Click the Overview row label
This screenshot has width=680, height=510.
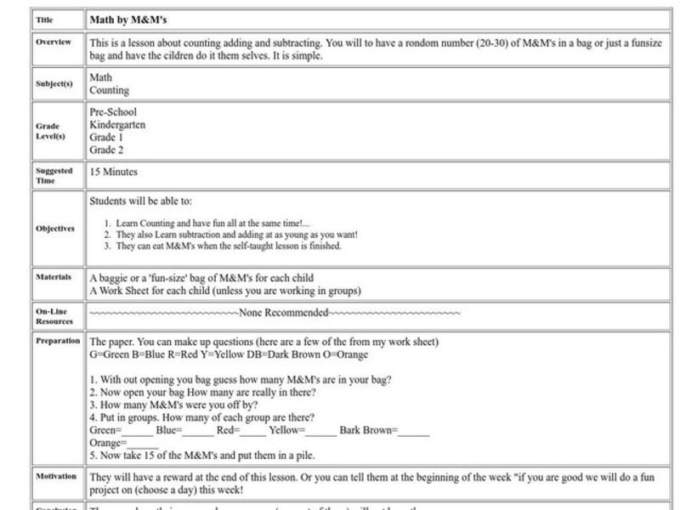[54, 42]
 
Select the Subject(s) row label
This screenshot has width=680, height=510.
[53, 84]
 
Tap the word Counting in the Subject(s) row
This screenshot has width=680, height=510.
[110, 90]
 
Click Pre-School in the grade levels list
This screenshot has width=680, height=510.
[113, 112]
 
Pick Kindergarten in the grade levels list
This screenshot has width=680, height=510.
[117, 124]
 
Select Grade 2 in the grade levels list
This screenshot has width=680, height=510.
[106, 150]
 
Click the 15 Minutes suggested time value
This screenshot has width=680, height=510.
[114, 172]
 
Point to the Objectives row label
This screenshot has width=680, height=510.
[55, 229]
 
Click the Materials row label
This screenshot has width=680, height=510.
[54, 277]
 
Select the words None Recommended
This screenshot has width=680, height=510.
[283, 313]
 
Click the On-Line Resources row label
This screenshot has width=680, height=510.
[54, 317]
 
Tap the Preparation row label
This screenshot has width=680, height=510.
[58, 340]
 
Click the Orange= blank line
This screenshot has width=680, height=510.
[124, 443]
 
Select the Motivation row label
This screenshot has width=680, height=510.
[57, 476]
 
